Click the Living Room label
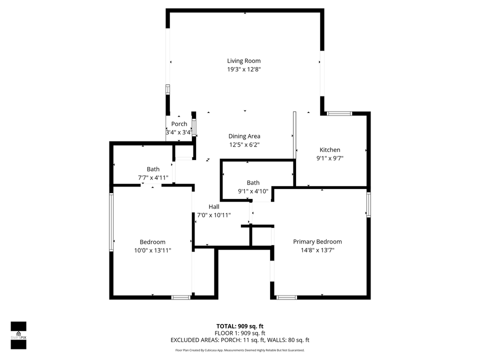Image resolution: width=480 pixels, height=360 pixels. coord(244,61)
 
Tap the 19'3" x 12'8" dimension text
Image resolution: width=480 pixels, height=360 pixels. coord(244,69)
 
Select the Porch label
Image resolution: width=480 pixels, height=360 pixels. coord(179,124)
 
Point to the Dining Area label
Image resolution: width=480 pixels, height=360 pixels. coord(244,136)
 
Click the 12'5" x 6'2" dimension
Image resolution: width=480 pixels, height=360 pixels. coord(244,144)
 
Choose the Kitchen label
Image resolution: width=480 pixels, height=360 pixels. coord(330,149)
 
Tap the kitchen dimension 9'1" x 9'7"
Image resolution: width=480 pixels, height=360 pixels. coord(330,158)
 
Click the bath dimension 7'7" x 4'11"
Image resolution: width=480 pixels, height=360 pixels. coord(153,177)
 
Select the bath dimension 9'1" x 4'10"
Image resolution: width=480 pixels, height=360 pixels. coord(253,191)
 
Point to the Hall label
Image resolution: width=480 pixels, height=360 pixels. coord(214,206)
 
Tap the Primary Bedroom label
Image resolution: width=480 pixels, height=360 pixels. coord(317,241)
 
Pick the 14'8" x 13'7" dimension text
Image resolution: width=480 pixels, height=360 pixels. coord(317,250)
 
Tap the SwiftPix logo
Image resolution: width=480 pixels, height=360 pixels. coord(18,334)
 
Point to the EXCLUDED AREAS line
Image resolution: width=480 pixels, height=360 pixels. coord(239,340)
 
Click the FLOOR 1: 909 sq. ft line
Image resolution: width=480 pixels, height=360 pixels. coord(239,333)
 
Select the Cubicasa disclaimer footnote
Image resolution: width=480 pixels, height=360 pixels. coord(239,350)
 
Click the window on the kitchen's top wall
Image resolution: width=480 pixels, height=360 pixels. coord(339,114)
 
